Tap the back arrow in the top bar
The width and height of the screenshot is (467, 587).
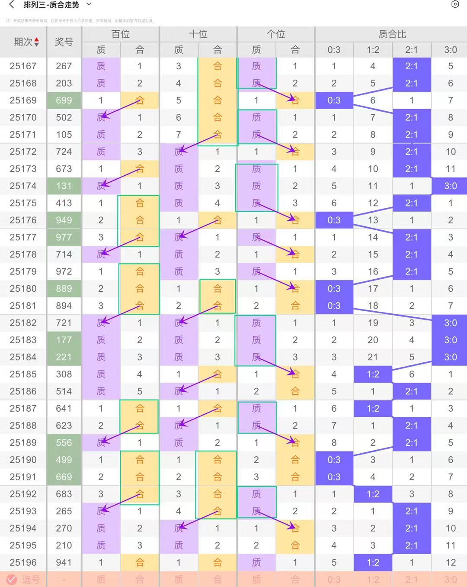pos(12,5)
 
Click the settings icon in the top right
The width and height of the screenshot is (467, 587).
pos(455,4)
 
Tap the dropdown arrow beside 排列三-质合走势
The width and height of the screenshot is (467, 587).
pos(89,4)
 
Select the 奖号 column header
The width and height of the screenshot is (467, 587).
pos(64,42)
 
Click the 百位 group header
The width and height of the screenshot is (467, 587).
pos(120,34)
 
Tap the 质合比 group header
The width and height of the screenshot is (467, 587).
pos(392,34)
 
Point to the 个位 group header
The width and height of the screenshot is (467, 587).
pos(276,34)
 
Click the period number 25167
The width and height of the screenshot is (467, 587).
pos(23,66)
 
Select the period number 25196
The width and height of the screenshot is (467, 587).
pos(23,562)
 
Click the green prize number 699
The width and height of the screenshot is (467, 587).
pos(64,100)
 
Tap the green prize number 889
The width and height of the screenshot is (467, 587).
pos(64,289)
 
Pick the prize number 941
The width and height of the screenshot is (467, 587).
pos(64,562)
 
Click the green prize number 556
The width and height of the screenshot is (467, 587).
pos(64,443)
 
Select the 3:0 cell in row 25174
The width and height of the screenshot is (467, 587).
pos(450,186)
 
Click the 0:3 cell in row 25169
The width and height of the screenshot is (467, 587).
pos(334,100)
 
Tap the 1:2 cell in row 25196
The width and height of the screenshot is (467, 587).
pos(373,562)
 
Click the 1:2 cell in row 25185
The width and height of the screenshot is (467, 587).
pos(373,374)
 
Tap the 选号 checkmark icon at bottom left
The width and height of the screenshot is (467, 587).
pos(12,579)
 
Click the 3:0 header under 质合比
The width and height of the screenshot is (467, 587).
pos(450,50)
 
